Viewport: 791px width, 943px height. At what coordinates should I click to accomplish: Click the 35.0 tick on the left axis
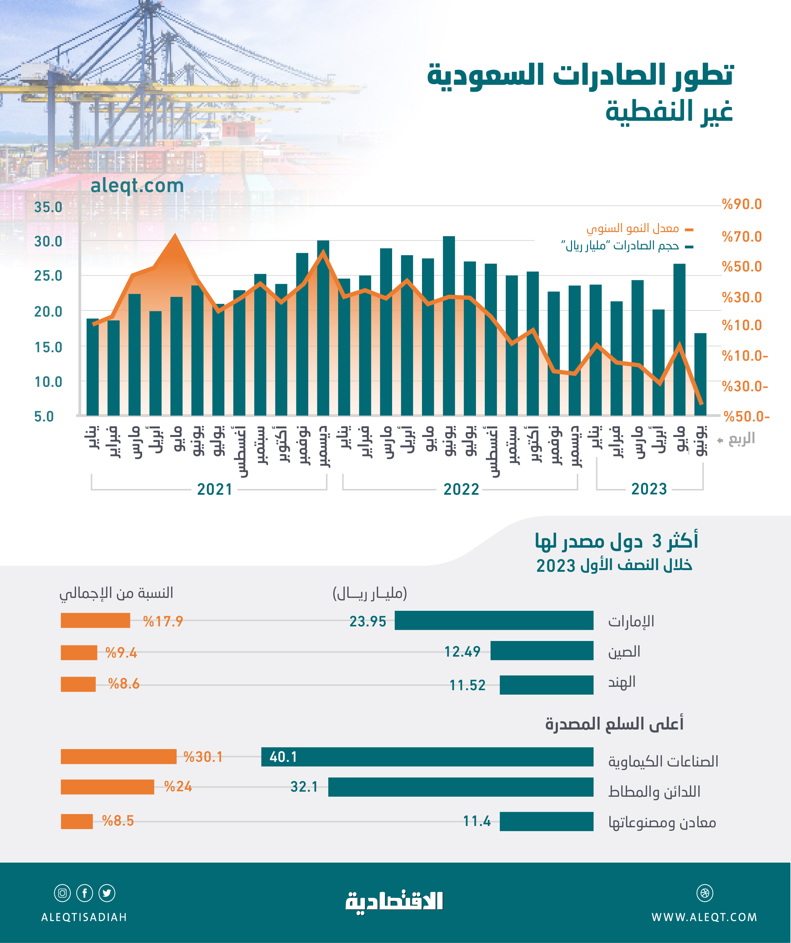(x=48, y=207)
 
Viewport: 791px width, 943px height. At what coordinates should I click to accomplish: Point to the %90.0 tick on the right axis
(x=741, y=204)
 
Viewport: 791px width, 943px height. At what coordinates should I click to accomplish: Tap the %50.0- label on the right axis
(x=746, y=417)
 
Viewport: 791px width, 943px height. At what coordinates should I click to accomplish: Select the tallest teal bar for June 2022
(x=449, y=325)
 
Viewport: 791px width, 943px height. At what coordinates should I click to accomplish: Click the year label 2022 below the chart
(x=461, y=489)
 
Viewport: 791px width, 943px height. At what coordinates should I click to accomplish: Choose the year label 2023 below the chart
(x=649, y=489)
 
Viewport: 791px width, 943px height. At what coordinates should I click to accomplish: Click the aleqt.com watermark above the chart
(x=137, y=186)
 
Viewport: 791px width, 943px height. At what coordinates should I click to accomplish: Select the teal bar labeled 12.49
(x=542, y=651)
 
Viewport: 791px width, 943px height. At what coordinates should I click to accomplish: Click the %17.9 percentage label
(x=163, y=621)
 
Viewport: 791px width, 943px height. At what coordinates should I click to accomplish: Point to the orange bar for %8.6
(x=78, y=684)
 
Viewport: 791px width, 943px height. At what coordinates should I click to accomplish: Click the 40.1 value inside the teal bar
(x=283, y=757)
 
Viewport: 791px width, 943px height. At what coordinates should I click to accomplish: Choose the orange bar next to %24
(x=107, y=787)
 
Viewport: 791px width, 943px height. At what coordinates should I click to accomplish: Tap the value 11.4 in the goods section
(x=477, y=821)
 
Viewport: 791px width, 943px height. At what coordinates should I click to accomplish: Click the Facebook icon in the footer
(x=85, y=893)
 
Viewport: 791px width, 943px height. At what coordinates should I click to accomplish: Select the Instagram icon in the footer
(x=62, y=893)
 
